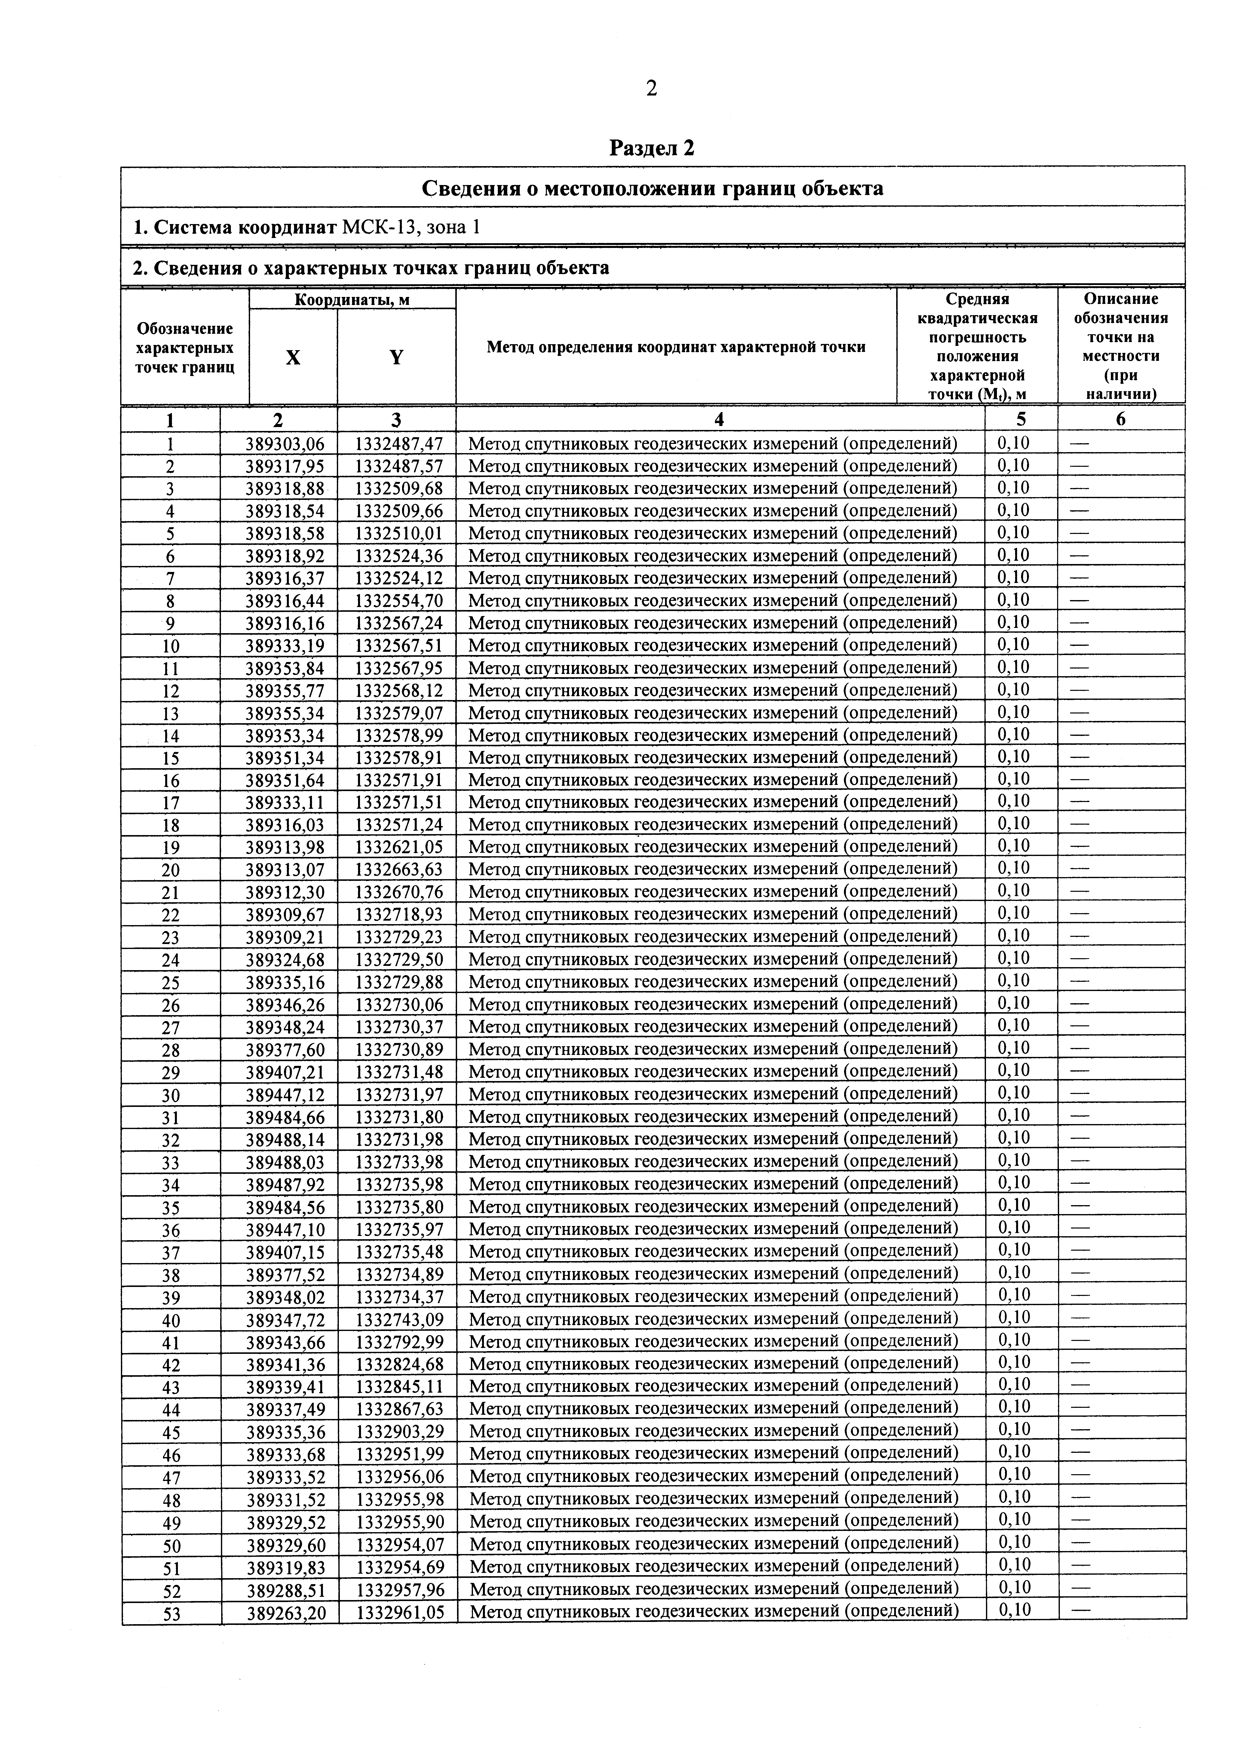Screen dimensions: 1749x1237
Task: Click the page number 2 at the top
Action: coord(651,89)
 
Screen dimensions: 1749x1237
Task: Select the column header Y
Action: coord(396,357)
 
